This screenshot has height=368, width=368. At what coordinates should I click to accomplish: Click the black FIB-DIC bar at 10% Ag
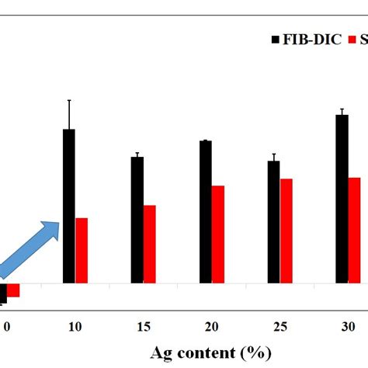tap(69, 206)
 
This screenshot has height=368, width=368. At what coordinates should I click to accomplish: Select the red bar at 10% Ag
tap(82, 250)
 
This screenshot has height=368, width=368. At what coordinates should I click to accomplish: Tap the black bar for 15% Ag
tap(137, 220)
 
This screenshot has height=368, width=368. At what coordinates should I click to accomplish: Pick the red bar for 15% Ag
tap(150, 244)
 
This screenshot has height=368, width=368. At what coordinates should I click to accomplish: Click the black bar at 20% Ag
tap(206, 212)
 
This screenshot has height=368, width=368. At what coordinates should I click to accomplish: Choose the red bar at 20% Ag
tap(218, 234)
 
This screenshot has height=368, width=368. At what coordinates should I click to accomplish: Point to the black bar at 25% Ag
tap(273, 222)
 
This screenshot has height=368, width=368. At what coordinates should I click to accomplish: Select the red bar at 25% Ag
tap(286, 231)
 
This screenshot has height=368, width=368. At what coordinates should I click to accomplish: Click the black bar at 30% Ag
tap(342, 199)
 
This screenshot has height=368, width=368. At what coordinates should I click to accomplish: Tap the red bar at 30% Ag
tap(354, 230)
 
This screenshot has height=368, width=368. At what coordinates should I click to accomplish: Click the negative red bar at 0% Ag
tap(13, 291)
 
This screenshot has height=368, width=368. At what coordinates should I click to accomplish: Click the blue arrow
tap(31, 247)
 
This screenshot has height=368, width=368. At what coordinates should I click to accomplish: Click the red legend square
tap(351, 38)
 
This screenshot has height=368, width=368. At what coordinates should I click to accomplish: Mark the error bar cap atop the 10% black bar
tap(69, 100)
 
